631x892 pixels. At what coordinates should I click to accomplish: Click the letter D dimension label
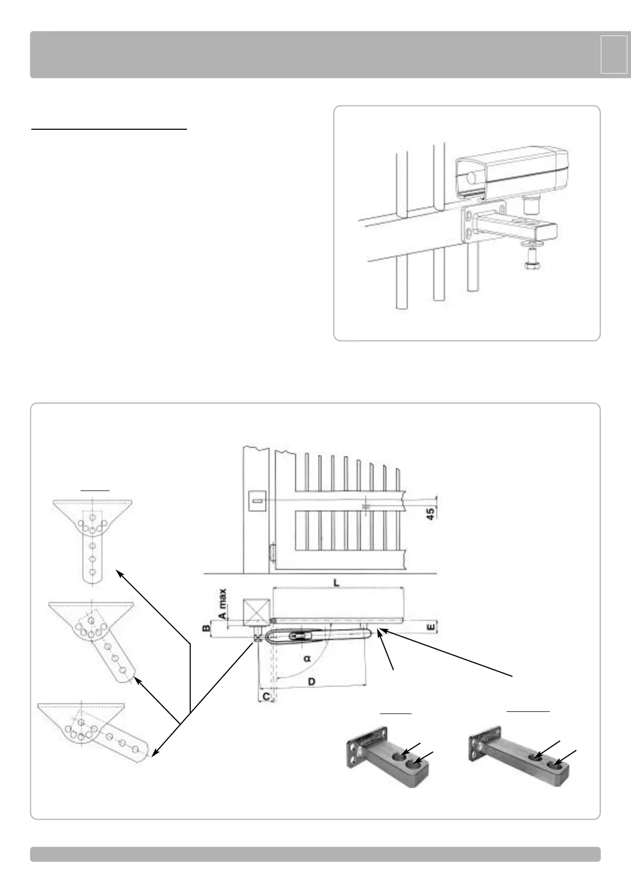click(312, 681)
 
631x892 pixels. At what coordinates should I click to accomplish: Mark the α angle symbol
click(307, 659)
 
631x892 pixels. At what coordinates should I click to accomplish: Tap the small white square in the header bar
click(614, 54)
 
